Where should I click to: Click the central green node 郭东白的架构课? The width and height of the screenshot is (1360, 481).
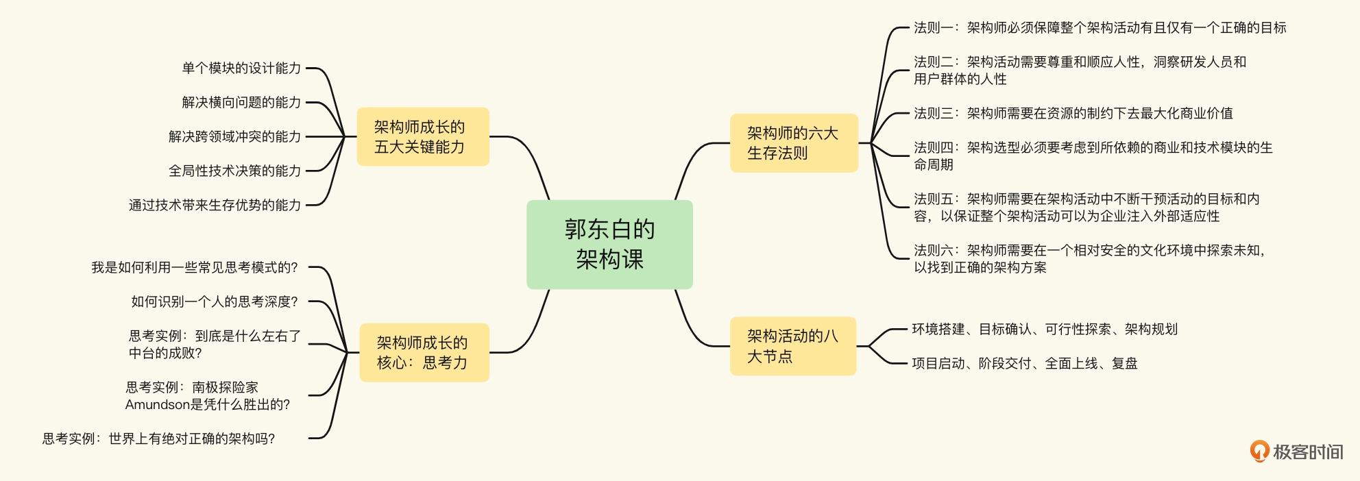pyautogui.click(x=609, y=245)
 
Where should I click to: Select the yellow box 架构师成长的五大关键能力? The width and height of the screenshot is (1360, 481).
pyautogui.click(x=422, y=137)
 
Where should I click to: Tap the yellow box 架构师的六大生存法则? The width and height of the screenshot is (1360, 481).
pyautogui.click(x=793, y=143)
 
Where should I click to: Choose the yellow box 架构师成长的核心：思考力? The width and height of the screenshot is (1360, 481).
pyautogui.click(x=424, y=353)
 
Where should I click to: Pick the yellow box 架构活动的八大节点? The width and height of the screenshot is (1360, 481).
pyautogui.click(x=792, y=346)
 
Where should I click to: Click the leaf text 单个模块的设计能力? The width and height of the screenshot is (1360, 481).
pyautogui.click(x=241, y=68)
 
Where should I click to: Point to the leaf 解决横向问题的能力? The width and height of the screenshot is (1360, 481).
pyautogui.click(x=241, y=102)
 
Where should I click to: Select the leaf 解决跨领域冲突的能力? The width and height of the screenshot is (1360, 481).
pyautogui.click(x=234, y=136)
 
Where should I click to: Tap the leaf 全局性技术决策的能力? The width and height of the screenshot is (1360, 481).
pyautogui.click(x=234, y=171)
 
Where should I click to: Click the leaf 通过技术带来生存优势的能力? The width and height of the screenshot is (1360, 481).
pyautogui.click(x=215, y=205)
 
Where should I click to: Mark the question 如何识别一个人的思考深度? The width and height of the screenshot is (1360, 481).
pyautogui.click(x=214, y=301)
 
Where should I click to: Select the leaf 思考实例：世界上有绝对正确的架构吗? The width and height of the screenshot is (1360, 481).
pyautogui.click(x=158, y=439)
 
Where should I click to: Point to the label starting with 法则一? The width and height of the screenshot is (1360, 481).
pyautogui.click(x=1100, y=28)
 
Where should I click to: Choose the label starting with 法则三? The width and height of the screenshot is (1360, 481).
pyautogui.click(x=1073, y=113)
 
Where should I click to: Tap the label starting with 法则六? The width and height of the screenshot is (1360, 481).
pyautogui.click(x=1089, y=259)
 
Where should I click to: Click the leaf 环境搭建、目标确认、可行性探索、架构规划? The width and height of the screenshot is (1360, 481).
pyautogui.click(x=1044, y=330)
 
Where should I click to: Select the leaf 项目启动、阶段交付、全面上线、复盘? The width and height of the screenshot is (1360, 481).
pyautogui.click(x=1024, y=364)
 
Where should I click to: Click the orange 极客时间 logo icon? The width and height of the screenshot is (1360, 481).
pyautogui.click(x=1259, y=451)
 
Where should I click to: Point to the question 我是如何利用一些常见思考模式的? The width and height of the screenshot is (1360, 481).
pyautogui.click(x=195, y=267)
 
